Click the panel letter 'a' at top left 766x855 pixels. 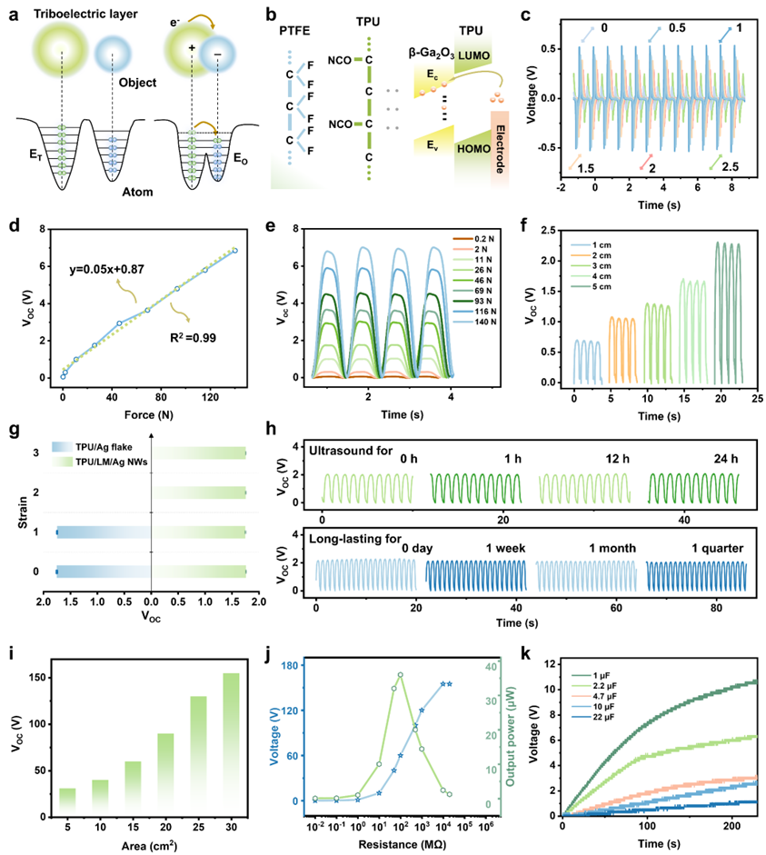11,12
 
